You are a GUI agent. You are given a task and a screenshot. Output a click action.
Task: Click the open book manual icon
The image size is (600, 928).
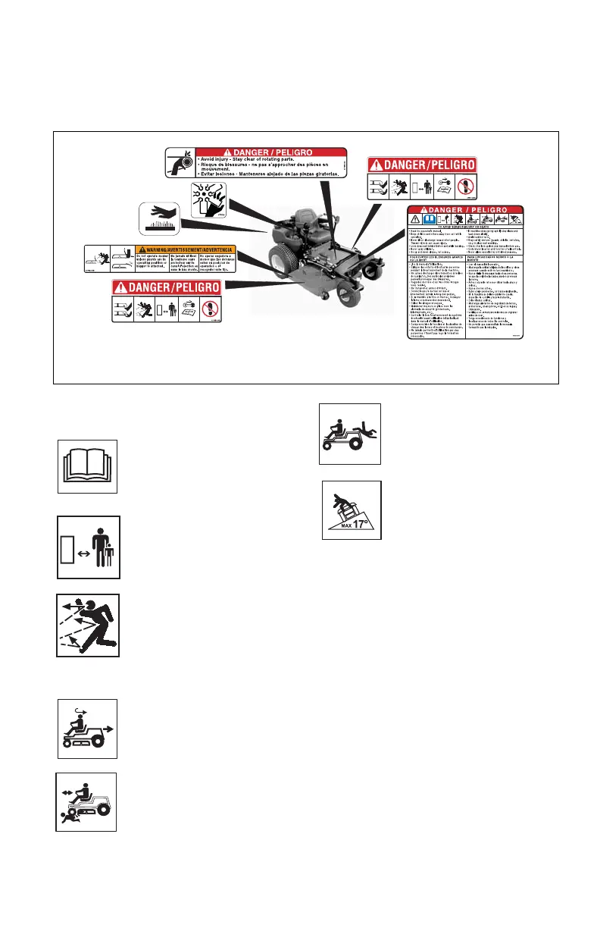tap(88, 466)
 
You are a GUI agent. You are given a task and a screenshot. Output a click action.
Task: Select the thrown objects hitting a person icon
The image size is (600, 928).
tap(88, 625)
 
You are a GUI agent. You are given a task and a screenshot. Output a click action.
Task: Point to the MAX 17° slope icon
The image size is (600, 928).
tap(352, 509)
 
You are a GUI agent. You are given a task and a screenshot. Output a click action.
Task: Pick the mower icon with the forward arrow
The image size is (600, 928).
tap(88, 729)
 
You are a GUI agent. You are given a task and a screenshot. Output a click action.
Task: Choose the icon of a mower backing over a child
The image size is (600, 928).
tap(86, 802)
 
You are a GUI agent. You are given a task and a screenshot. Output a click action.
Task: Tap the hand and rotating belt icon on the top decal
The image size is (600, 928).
tap(180, 163)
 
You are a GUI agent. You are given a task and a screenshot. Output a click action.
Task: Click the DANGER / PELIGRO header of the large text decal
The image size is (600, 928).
tap(467, 210)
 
